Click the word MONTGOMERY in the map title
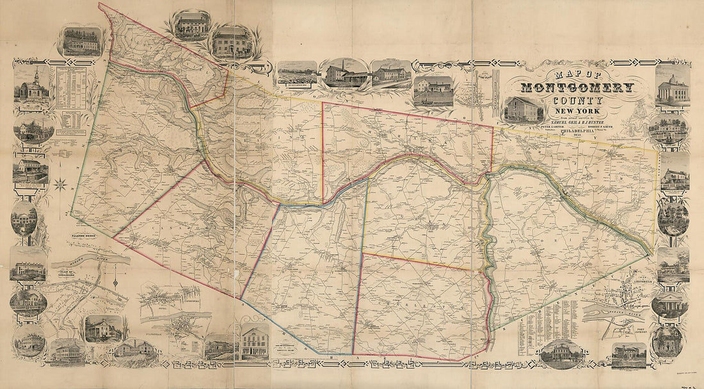[578, 88]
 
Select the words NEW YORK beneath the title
[579, 112]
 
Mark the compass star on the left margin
[62, 185]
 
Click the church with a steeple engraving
[31, 87]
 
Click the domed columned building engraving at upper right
[673, 86]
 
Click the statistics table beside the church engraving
[70, 90]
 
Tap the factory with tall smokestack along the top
[346, 74]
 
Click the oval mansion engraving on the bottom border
[561, 353]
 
